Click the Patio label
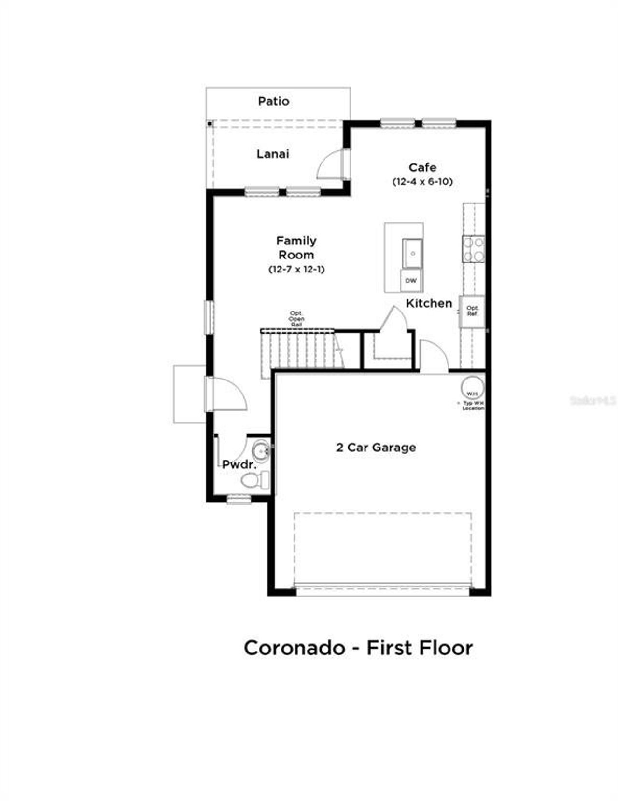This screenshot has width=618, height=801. click(273, 101)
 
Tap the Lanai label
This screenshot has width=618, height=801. click(273, 154)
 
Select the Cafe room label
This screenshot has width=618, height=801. click(422, 167)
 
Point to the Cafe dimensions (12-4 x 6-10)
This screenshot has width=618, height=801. click(422, 182)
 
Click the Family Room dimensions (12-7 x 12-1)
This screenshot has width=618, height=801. click(296, 269)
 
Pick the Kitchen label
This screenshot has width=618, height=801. click(429, 303)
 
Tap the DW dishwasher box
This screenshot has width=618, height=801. click(411, 281)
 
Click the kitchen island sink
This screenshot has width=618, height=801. click(412, 253)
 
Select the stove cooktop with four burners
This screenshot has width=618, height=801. click(473, 249)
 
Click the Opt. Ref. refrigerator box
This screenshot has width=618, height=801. click(472, 311)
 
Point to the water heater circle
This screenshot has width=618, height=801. click(472, 387)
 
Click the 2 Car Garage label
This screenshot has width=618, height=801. click(376, 448)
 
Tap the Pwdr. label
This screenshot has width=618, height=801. click(239, 465)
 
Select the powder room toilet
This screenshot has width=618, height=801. click(256, 480)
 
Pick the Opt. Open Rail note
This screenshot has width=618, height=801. click(296, 319)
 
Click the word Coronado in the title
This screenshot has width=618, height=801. click(295, 648)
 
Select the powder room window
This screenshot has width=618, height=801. click(239, 499)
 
